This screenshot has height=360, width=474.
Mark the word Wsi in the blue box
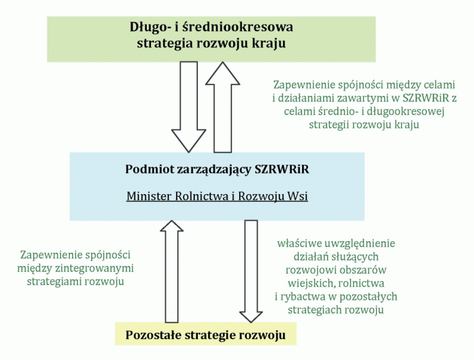click(297, 196)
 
